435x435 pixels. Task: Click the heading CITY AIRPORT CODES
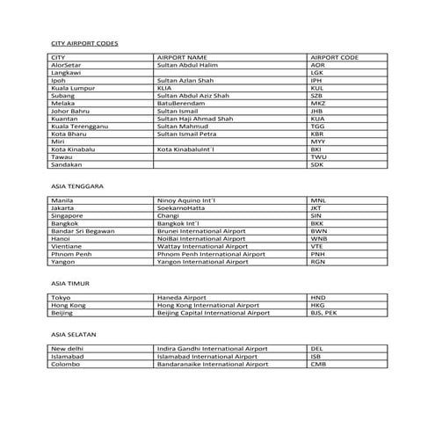(x=84, y=43)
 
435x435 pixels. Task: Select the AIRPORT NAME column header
(x=178, y=57)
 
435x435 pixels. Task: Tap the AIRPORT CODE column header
(x=335, y=57)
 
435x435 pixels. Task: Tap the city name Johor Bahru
(x=73, y=111)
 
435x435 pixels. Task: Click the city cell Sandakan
(x=68, y=164)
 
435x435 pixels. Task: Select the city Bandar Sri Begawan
(x=83, y=231)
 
